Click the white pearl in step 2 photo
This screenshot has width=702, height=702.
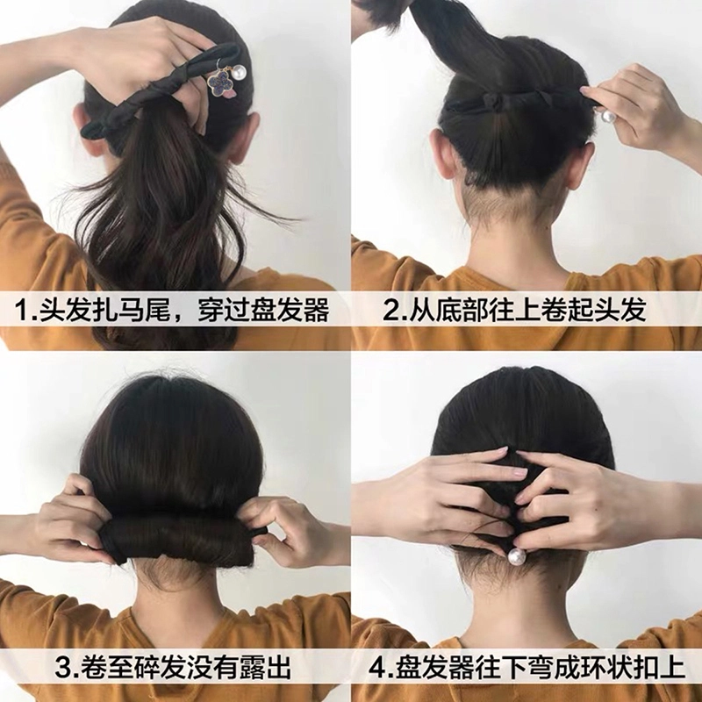point(607,117)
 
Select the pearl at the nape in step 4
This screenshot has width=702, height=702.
point(515,556)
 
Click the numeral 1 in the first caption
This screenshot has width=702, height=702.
point(20,310)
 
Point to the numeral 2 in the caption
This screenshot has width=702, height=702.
point(390,310)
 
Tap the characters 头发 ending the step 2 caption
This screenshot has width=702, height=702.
point(620,310)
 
